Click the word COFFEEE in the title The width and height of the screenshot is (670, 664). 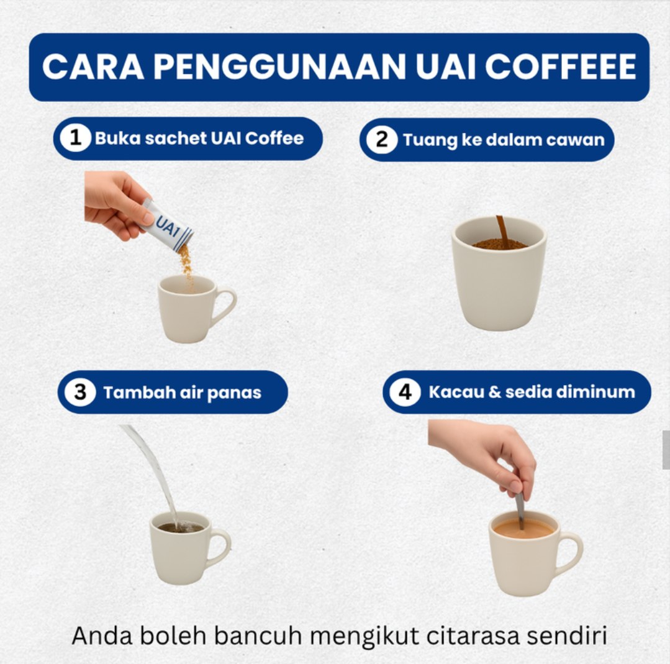561,66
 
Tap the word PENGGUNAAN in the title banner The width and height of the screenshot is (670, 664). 279,66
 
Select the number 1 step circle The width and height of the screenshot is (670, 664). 75,138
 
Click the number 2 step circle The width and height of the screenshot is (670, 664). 382,140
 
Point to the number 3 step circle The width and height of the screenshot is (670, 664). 80,392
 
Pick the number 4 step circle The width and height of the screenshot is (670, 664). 405,392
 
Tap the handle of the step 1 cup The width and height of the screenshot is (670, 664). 225,305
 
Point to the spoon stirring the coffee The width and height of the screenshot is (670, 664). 520,511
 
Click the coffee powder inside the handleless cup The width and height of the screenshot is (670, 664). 499,244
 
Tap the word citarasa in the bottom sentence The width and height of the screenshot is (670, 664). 473,635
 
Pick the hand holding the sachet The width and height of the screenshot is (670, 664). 116,204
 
